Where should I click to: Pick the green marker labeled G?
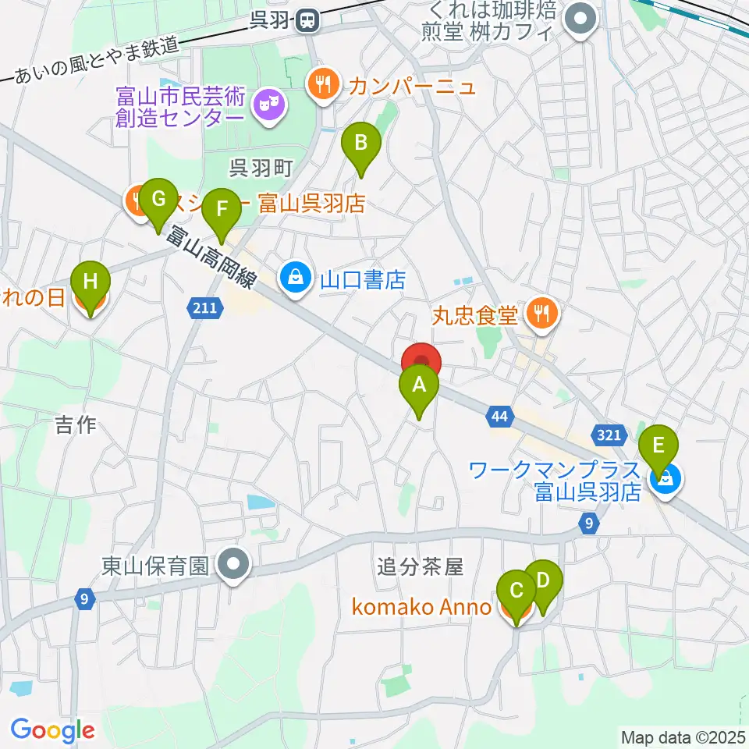[158, 201]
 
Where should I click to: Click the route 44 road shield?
[500, 417]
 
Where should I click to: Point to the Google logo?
[52, 731]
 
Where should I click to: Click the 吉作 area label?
[76, 424]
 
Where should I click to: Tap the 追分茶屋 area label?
[420, 567]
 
